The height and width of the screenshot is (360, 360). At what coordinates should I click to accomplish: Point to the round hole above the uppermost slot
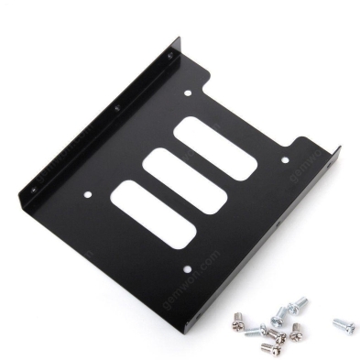coord(189,93)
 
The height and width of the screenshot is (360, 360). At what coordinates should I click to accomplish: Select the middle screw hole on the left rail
coord(115,108)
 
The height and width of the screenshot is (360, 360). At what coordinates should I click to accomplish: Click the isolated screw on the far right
coord(344,324)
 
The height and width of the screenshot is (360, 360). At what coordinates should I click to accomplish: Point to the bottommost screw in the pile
coord(269,346)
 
